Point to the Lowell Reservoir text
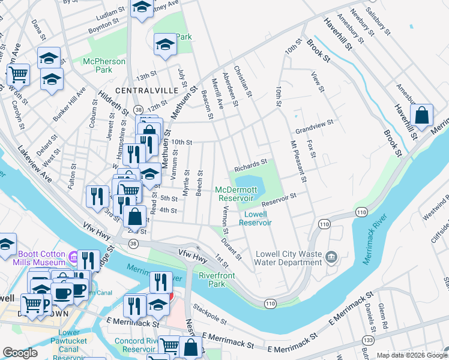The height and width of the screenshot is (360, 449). point(255,218)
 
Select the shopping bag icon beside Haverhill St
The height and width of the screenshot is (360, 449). point(422,116)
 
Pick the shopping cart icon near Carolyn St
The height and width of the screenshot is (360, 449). point(18,75)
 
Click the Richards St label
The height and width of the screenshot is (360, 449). point(250,163)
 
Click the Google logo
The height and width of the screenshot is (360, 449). point(20,353)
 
